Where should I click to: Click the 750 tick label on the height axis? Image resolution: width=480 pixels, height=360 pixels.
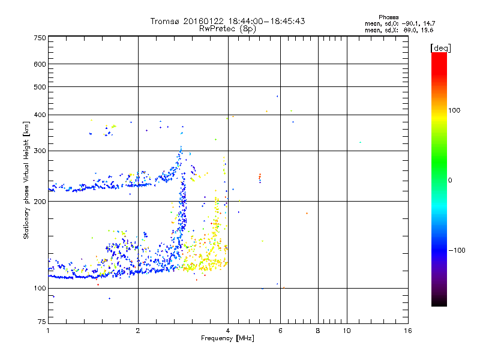40,37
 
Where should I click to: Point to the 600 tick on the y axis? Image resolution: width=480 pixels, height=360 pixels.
40,64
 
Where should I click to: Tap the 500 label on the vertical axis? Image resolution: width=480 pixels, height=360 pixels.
40,87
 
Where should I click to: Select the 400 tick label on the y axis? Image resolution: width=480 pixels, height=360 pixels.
40,115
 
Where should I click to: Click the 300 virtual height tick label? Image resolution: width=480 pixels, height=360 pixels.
40,151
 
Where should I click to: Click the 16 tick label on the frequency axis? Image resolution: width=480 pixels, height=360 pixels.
407,331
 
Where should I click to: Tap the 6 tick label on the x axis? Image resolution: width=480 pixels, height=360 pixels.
280,331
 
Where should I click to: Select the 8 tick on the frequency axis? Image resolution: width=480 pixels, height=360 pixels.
318,331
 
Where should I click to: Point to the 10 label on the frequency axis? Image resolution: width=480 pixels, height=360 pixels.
346,331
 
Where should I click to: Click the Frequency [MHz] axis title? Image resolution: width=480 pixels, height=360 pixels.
227,338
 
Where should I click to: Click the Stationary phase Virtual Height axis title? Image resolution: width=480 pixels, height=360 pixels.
26,180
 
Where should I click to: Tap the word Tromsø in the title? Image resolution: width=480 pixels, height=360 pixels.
166,21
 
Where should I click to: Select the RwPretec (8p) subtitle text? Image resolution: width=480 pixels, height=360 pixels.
227,28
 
